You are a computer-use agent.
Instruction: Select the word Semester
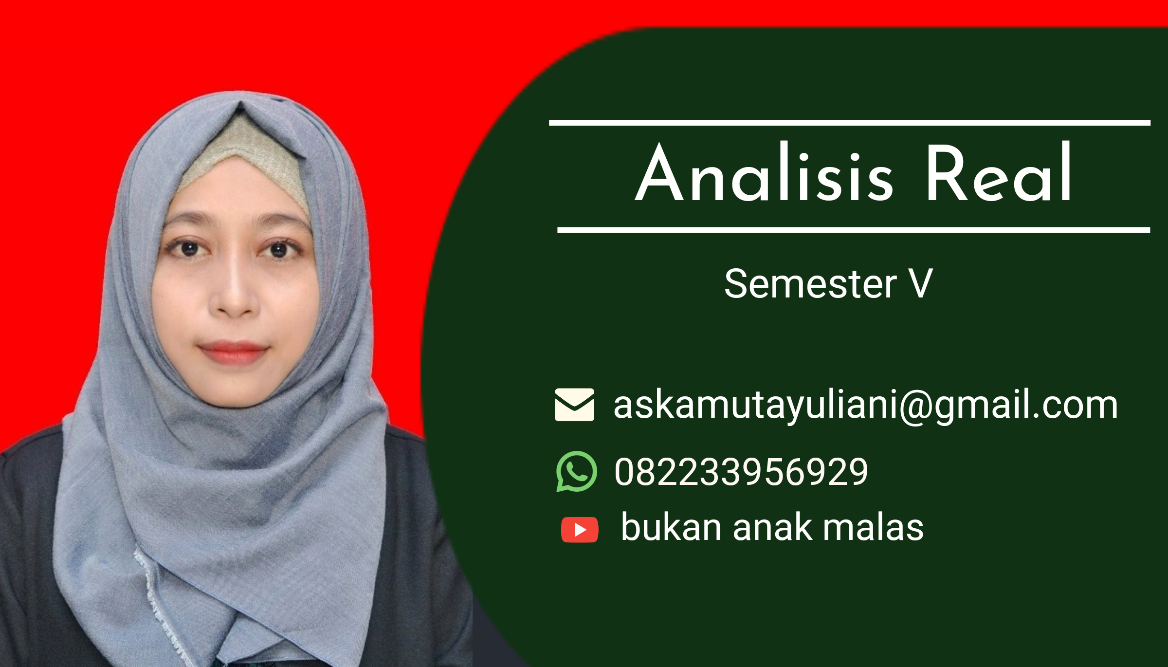coord(810,283)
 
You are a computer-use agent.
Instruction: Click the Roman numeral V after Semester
coord(921,283)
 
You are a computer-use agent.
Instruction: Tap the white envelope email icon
coord(574,405)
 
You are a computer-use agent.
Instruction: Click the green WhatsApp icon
coord(576,471)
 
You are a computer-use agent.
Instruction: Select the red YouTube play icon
coord(579,530)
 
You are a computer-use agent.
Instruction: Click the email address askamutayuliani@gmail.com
coord(865,405)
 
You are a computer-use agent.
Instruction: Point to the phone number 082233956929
coord(741,472)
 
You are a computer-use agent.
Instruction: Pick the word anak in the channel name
coord(772,527)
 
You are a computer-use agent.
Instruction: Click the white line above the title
coord(850,123)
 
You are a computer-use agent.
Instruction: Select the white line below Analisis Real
coord(854,230)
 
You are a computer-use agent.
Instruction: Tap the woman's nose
coord(234,292)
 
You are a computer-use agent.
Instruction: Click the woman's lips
coord(233,352)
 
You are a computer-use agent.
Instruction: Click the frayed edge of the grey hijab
coord(161,609)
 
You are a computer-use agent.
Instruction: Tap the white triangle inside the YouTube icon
coord(580,530)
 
